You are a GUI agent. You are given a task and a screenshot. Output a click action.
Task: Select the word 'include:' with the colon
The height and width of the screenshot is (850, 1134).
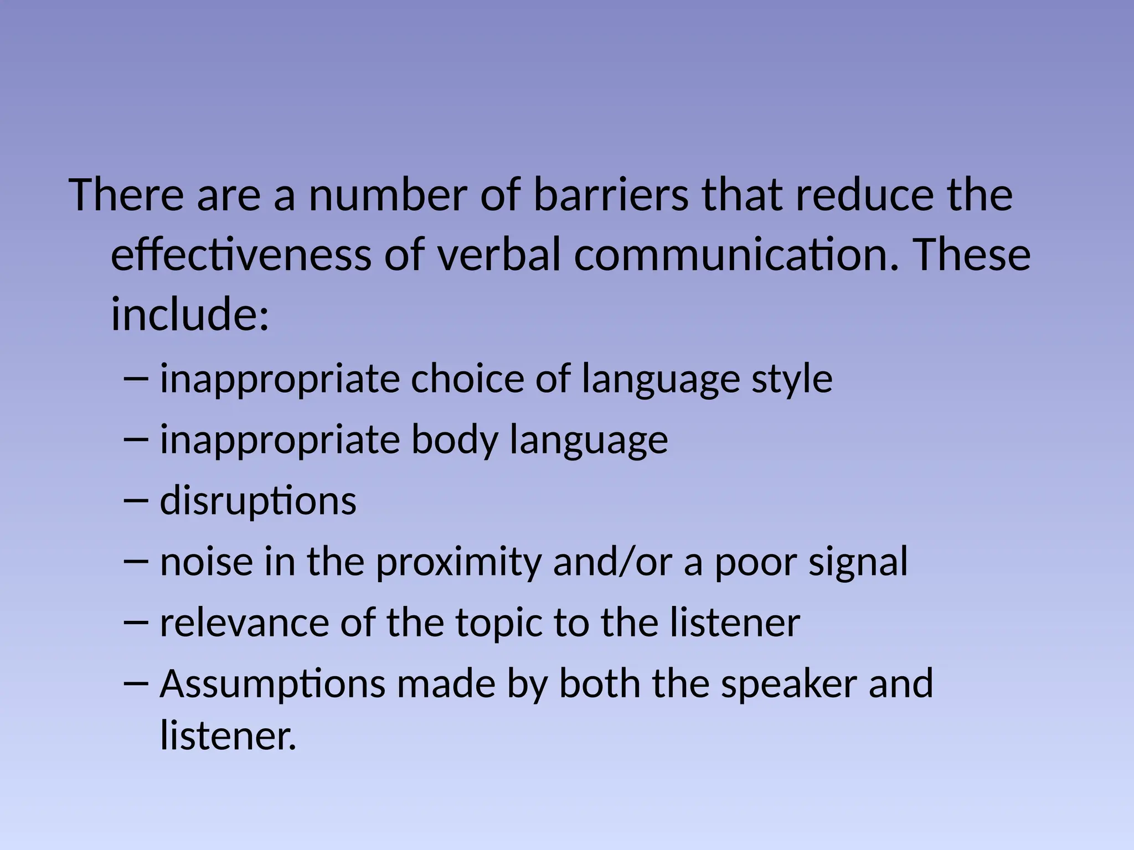pos(190,314)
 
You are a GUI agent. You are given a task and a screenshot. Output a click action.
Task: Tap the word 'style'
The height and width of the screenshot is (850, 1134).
pos(791,380)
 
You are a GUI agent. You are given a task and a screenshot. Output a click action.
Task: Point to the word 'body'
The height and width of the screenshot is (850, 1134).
pos(455,440)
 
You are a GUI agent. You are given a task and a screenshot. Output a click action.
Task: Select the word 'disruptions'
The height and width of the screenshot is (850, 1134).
pos(258,501)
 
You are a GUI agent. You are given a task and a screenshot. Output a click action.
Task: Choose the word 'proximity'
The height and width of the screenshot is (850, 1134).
pos(457,562)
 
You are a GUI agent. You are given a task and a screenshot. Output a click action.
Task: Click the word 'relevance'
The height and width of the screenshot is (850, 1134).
pos(244,623)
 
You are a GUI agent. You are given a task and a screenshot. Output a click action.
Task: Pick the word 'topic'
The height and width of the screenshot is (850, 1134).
pos(499,623)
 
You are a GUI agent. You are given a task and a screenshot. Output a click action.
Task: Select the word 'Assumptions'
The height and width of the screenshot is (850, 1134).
pos(272,684)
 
